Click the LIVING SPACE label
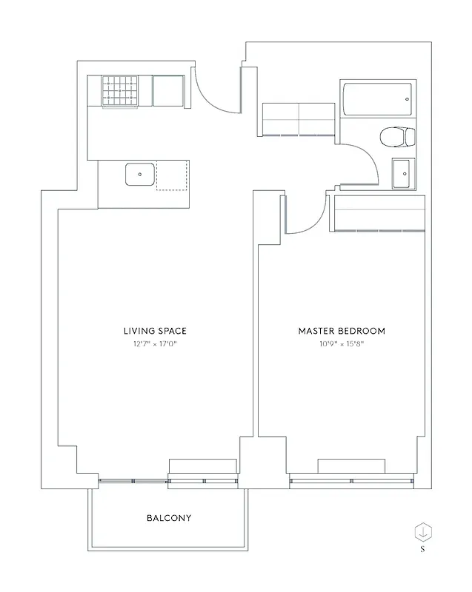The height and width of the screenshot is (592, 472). click(155, 331)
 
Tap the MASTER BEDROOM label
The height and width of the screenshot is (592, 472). click(341, 331)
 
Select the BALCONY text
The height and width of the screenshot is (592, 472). click(168, 518)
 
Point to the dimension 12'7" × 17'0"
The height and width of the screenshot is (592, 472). click(155, 343)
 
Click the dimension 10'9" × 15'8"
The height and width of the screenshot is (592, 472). click(341, 343)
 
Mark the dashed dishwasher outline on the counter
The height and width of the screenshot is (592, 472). click(172, 175)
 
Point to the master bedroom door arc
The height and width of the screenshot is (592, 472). click(308, 218)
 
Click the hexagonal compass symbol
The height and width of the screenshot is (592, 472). click(422, 531)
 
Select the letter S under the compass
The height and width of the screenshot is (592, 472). click(422, 550)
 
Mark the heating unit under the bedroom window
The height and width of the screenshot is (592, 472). click(351, 465)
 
